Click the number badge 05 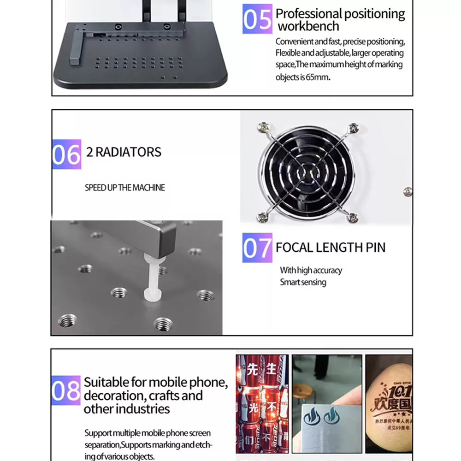(x=257, y=19)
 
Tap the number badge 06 (x=66, y=154)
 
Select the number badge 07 (x=257, y=248)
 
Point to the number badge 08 (x=66, y=390)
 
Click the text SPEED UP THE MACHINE (x=124, y=188)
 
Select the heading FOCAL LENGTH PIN (x=330, y=248)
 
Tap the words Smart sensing (x=303, y=282)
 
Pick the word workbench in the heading (x=308, y=26)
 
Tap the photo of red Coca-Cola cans (x=262, y=403)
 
